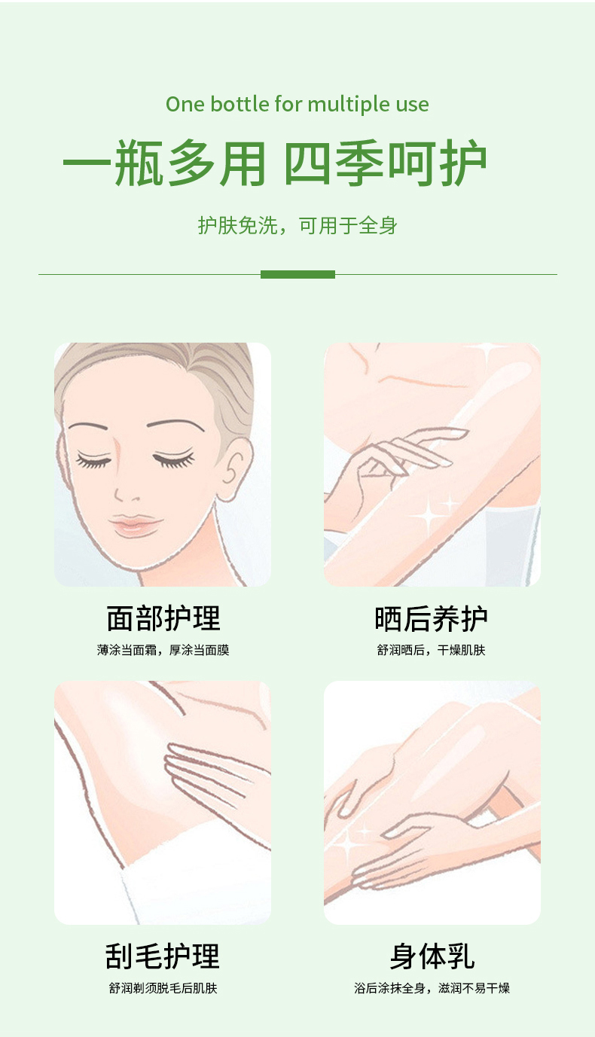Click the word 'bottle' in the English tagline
[x=240, y=104]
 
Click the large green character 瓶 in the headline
[x=139, y=163]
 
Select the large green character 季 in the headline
[x=359, y=163]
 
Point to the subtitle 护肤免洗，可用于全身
[x=297, y=225]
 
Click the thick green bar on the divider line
[x=297, y=275]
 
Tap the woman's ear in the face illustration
[x=234, y=468]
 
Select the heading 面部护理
[x=163, y=618]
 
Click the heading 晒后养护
[x=431, y=618]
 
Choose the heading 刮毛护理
[x=163, y=956]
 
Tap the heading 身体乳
[x=432, y=956]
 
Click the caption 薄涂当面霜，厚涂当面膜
[x=163, y=650]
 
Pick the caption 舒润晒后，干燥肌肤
[x=431, y=650]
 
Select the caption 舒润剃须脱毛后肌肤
[x=163, y=988]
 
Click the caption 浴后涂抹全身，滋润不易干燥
[x=432, y=988]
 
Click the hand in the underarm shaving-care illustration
[x=213, y=782]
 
